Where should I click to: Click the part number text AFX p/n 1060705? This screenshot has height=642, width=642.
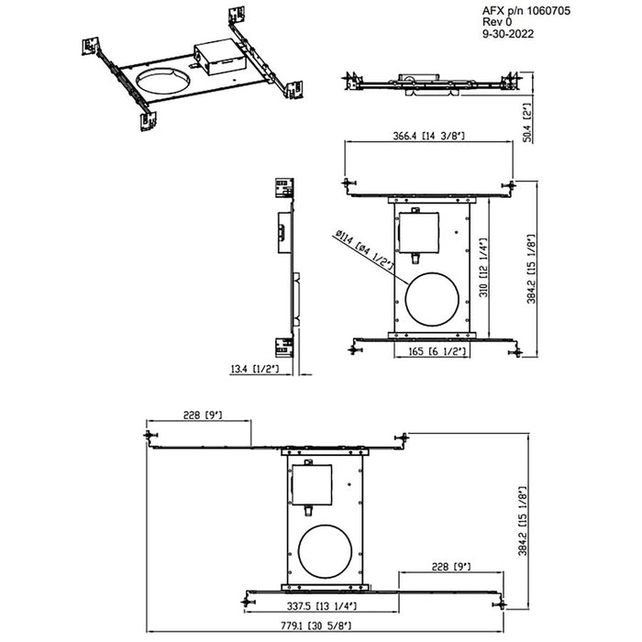click(524, 10)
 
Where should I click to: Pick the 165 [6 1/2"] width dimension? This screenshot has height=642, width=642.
click(429, 350)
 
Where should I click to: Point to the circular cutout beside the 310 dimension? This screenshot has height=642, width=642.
click(426, 299)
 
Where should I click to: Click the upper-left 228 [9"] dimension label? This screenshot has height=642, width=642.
click(204, 414)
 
